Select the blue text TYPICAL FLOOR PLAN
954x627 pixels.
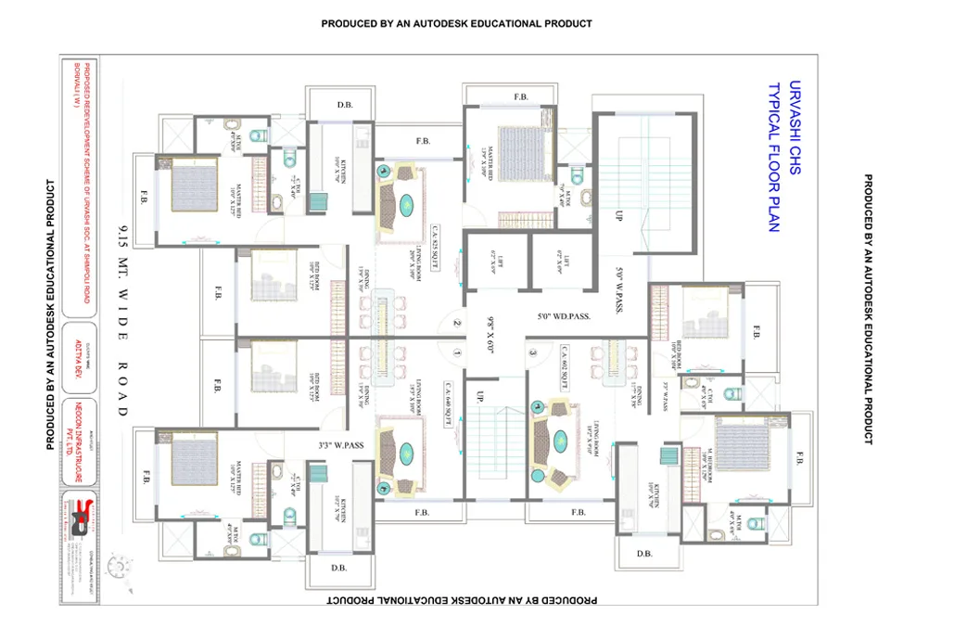[x=773, y=158]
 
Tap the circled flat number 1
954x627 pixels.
[x=456, y=353]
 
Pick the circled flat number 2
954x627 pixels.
[x=456, y=324]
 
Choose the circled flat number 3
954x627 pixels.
[x=532, y=352]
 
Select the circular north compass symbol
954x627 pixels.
[x=118, y=563]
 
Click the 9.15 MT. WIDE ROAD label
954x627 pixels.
[x=123, y=321]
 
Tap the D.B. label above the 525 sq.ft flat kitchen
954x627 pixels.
[x=343, y=105]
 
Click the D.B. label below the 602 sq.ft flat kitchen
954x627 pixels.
[x=644, y=554]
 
